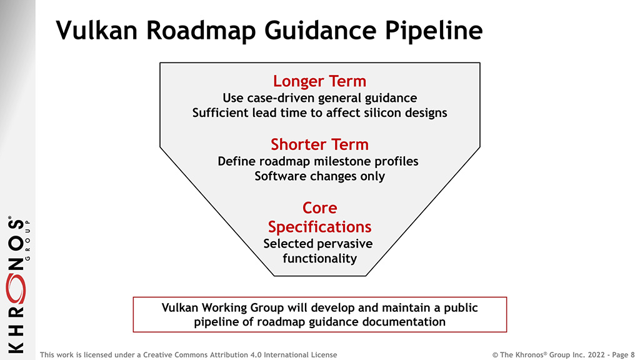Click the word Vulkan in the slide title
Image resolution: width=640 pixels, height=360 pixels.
[97, 30]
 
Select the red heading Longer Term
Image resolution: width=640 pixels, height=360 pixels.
[319, 81]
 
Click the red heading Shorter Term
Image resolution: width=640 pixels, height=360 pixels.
[319, 144]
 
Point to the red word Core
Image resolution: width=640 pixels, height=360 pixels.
[319, 208]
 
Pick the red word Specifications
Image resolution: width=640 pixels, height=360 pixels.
[319, 227]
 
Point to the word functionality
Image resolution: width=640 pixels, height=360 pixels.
[319, 259]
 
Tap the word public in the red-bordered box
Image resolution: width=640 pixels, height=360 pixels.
[461, 307]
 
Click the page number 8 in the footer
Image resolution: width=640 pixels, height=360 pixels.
[632, 355]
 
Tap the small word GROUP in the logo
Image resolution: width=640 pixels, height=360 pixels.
[27, 241]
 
